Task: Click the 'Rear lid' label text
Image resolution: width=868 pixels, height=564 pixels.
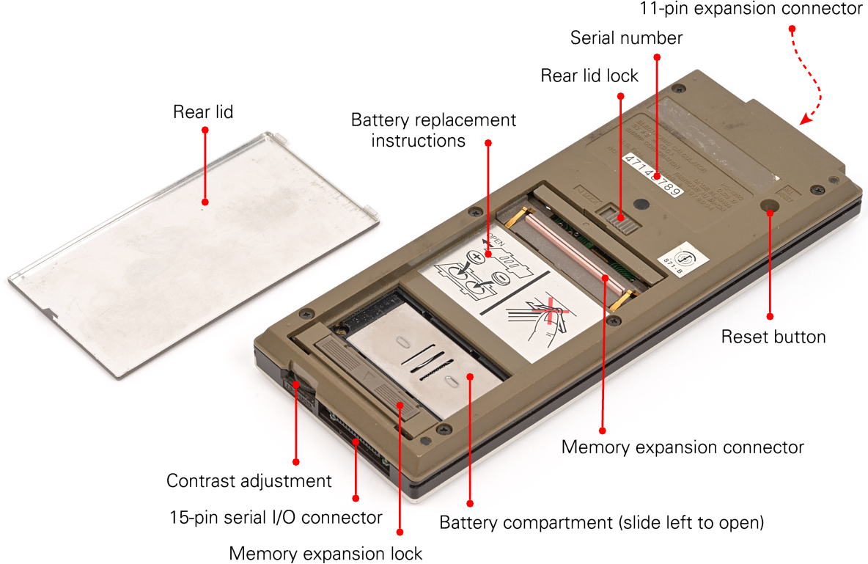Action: click(x=203, y=112)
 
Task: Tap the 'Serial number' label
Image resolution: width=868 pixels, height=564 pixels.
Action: click(x=626, y=38)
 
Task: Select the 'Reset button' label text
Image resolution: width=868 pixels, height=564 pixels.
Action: click(x=773, y=337)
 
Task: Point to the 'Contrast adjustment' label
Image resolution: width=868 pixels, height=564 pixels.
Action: click(x=249, y=481)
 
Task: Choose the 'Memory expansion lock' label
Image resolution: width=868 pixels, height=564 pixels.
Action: click(x=326, y=552)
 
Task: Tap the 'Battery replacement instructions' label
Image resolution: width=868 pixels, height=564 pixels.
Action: click(x=433, y=130)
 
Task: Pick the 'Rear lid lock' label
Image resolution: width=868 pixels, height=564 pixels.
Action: click(x=589, y=76)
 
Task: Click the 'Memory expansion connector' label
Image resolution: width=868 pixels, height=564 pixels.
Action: click(x=683, y=447)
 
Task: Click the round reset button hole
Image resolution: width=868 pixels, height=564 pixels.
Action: click(x=770, y=208)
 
